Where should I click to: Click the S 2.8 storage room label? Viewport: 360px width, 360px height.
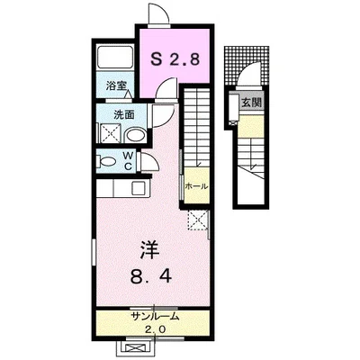point(175,59)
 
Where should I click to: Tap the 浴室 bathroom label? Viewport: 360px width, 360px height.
point(115,86)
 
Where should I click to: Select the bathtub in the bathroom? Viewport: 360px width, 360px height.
point(115,56)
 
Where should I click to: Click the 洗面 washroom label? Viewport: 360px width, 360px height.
point(124,115)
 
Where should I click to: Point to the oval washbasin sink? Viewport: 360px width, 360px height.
point(136,135)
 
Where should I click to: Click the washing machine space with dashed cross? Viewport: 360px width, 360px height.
point(110,133)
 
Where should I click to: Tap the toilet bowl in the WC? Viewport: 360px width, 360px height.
point(107,162)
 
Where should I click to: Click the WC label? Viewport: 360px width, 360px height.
point(129,162)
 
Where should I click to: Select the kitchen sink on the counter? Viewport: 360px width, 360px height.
point(139,188)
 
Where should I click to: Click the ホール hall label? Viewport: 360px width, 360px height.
point(196,186)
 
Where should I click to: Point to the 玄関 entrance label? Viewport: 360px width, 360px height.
point(252,103)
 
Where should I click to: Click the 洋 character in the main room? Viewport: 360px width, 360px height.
point(150,250)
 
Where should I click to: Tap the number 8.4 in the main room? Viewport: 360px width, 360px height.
point(151,276)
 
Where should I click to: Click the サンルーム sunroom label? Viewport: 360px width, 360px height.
point(155,316)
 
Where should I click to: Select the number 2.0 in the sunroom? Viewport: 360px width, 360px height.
point(155,330)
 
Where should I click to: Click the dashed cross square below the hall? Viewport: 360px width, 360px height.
point(198,220)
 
